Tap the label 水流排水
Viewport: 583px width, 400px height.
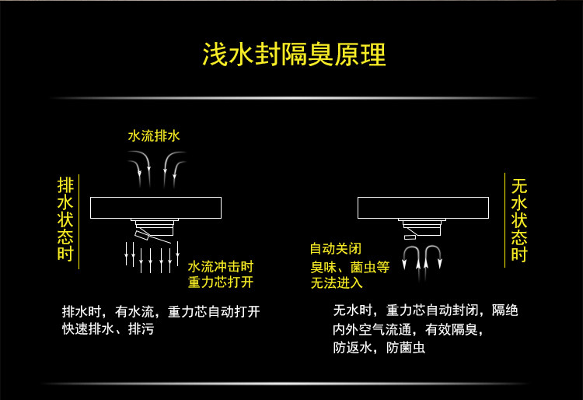pos(154,135)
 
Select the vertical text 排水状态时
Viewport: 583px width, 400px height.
pos(65,219)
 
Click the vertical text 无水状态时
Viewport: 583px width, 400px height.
pos(518,220)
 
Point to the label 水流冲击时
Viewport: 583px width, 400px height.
pos(221,265)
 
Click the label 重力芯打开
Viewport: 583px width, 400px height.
pos(221,282)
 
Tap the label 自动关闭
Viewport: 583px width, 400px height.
pos(336,249)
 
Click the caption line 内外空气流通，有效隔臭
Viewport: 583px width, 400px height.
pos(408,329)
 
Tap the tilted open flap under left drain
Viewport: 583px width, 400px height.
pos(145,234)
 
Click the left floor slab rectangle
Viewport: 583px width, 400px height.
pos(156,208)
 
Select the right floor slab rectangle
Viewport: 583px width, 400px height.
pos(423,208)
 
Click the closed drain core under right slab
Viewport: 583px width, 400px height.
pos(422,229)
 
